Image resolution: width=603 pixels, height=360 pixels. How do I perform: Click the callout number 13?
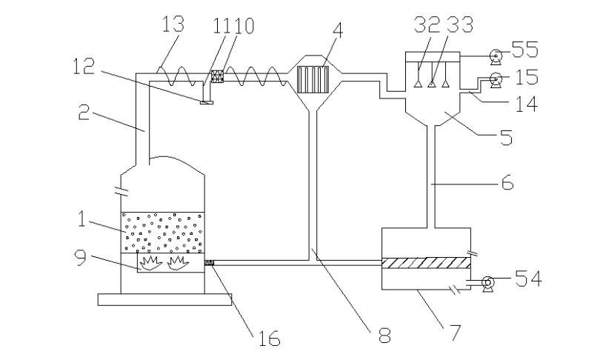[x=173, y=24]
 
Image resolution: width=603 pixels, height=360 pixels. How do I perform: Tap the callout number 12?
[x=84, y=66]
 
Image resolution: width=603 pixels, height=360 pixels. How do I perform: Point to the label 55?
[x=525, y=49]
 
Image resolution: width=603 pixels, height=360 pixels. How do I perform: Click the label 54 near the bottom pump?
[x=528, y=279]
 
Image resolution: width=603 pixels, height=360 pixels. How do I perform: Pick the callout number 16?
[x=268, y=338]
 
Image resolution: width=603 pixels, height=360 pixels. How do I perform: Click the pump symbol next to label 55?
[x=496, y=57]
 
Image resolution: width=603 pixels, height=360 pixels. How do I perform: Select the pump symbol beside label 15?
[x=496, y=81]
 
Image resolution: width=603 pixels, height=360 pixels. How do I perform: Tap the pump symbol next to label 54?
[x=488, y=284]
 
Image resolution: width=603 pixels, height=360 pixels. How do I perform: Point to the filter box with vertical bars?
[x=313, y=80]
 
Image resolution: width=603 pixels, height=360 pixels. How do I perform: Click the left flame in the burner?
[x=150, y=263]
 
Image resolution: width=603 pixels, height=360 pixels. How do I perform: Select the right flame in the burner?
[x=177, y=263]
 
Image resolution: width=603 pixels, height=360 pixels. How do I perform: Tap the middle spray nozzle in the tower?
[x=431, y=83]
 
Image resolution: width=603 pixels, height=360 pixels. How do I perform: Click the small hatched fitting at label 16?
[x=209, y=263]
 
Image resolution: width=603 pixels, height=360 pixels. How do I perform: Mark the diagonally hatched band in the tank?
[x=426, y=263]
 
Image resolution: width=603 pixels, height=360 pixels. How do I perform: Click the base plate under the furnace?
[x=164, y=299]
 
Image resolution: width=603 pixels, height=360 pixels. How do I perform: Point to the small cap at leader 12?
[x=206, y=102]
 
